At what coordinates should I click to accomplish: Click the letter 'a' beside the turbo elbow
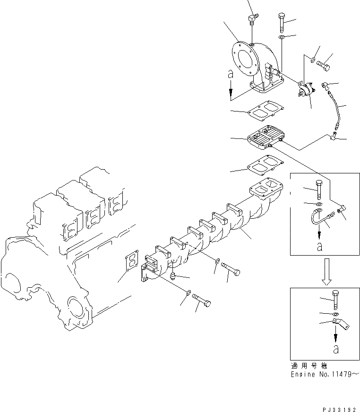coord(230,74)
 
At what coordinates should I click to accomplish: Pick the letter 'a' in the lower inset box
coord(336,350)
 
